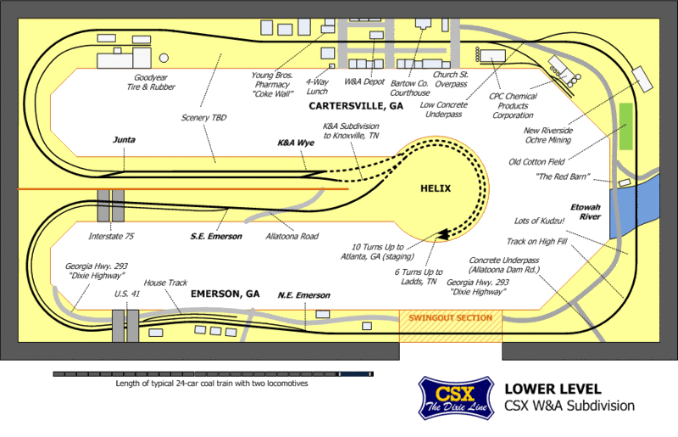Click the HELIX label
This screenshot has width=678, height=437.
(434, 188)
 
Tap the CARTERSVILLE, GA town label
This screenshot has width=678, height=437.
(356, 108)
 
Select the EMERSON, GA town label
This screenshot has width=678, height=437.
(225, 294)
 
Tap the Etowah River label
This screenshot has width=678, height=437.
(586, 211)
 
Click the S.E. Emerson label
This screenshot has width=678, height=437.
(216, 236)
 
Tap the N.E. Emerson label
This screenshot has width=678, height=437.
(303, 294)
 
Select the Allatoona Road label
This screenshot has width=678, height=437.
(292, 236)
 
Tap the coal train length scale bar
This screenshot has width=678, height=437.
(212, 373)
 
